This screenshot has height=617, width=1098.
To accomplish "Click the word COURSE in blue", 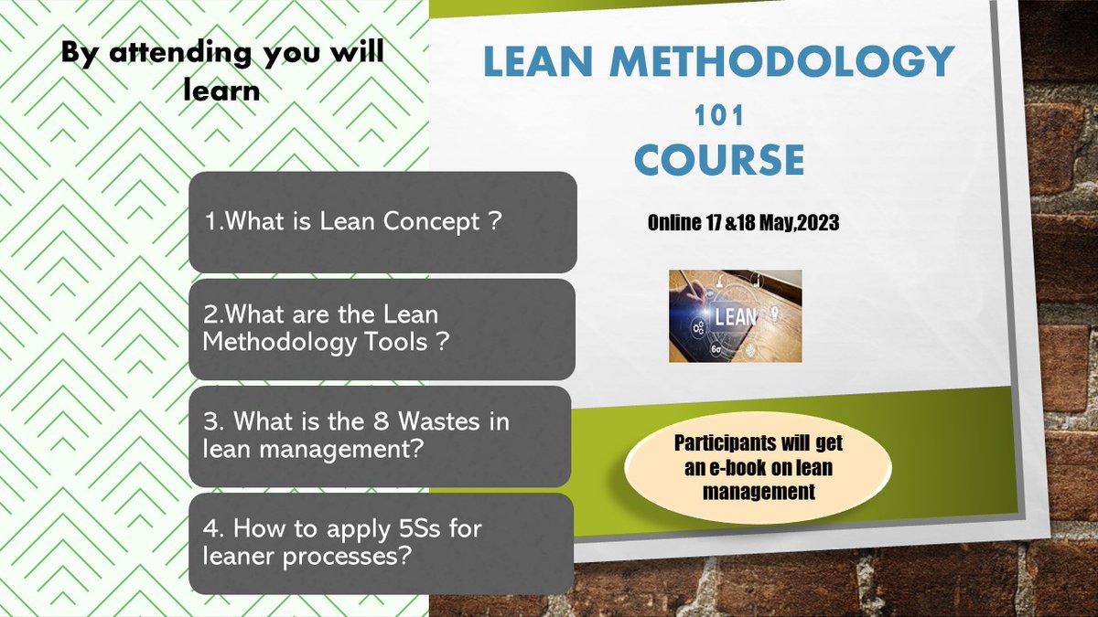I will point(719,160).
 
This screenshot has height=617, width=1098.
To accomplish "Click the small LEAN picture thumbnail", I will point(735,315).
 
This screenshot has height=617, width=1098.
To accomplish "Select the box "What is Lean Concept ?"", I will point(382,221).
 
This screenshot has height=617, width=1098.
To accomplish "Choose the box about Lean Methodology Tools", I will point(382,328).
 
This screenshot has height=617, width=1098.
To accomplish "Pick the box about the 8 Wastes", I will point(381,436).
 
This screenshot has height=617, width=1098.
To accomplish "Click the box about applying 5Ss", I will point(381,543).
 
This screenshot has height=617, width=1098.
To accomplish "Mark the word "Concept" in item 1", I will point(442,222).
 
